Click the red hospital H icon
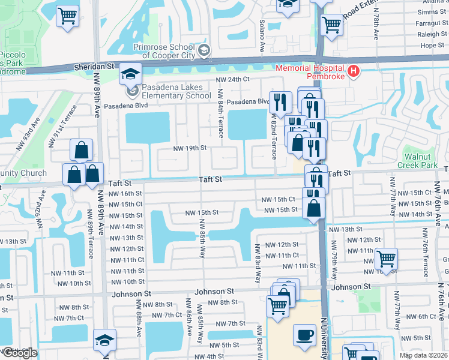pyautogui.click(x=354, y=72)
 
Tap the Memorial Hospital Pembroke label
pyautogui.click(x=310, y=72)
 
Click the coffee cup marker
pyautogui.click(x=304, y=334)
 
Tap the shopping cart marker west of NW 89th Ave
pyautogui.click(x=67, y=15)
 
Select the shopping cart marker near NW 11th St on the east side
pyautogui.click(x=386, y=259)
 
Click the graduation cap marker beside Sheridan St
pyautogui.click(x=130, y=73)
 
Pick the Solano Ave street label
pyautogui.click(x=262, y=28)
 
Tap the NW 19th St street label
pyautogui.click(x=190, y=148)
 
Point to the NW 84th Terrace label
pyautogui.click(x=221, y=113)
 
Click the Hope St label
pyautogui.click(x=432, y=45)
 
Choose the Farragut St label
pyautogui.click(x=428, y=23)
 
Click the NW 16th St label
pyautogui.click(x=125, y=193)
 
